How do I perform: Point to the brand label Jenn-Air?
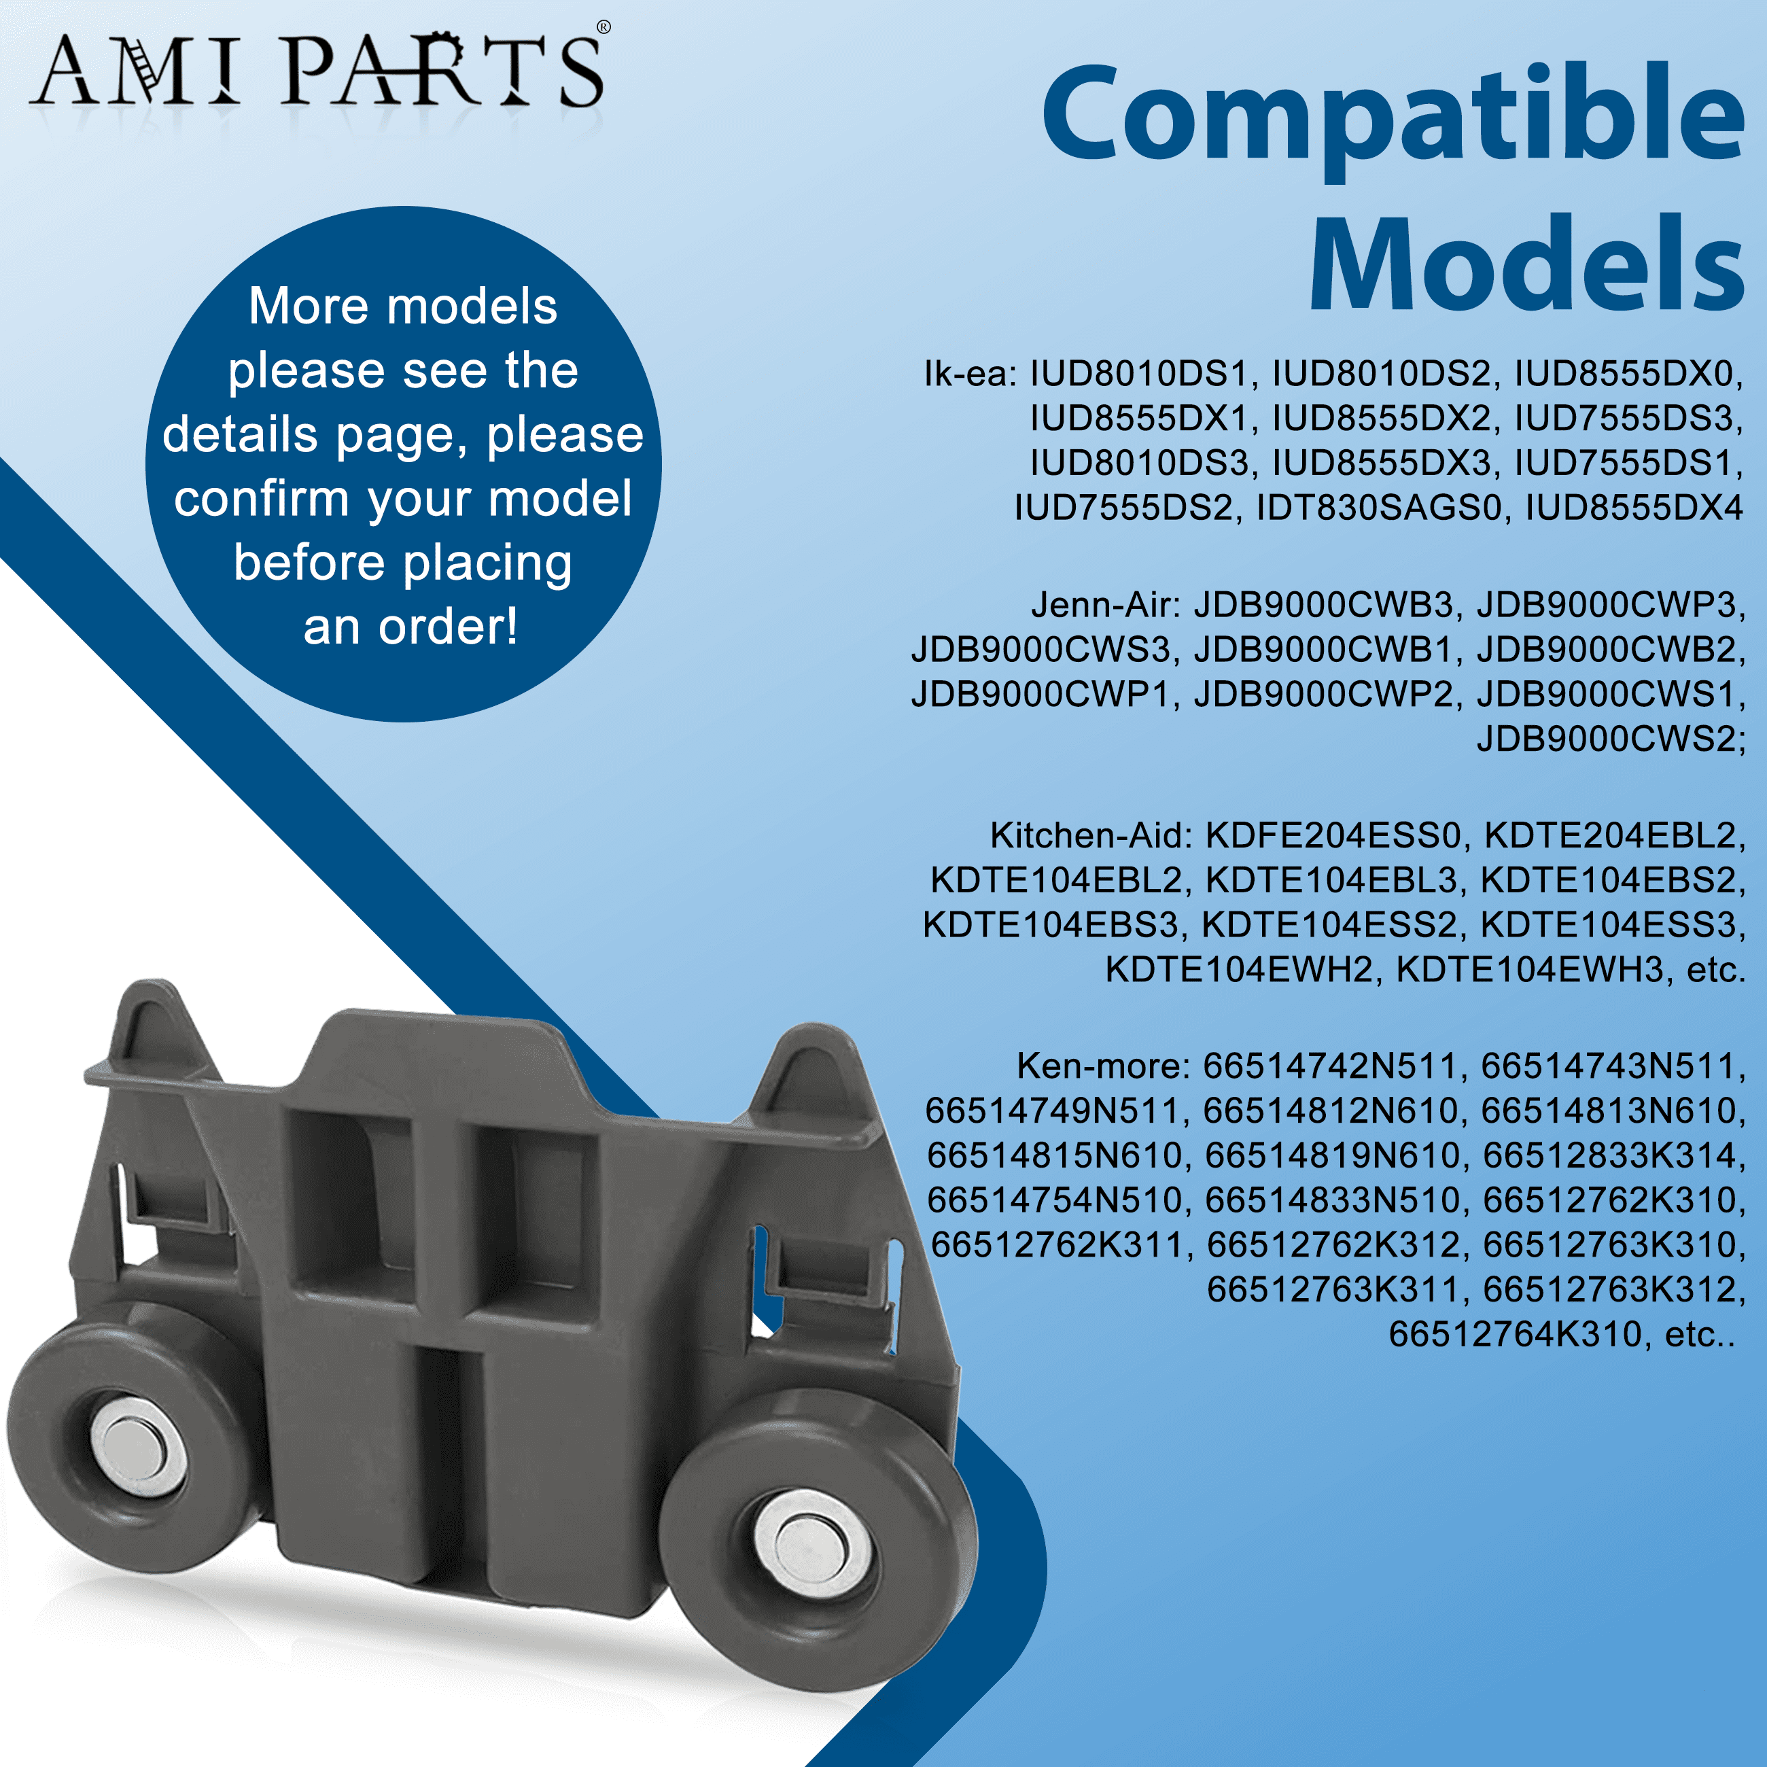[1106, 605]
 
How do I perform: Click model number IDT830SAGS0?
[1379, 508]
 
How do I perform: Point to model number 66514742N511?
[1329, 1066]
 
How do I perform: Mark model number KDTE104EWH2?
[1239, 970]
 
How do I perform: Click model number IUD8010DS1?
[1138, 373]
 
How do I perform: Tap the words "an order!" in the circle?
[410, 627]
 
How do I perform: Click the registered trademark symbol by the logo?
[603, 27]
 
